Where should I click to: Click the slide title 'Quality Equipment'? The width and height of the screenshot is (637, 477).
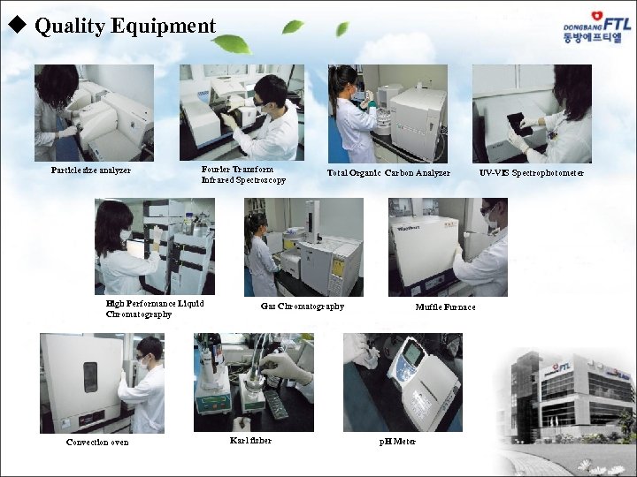(x=125, y=26)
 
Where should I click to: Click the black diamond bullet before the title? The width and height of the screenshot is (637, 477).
(x=15, y=26)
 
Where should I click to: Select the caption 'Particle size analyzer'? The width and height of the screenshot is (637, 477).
(x=91, y=170)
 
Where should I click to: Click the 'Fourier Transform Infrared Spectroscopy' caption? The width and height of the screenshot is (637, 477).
(x=243, y=174)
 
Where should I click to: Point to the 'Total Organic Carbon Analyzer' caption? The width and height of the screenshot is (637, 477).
(x=388, y=173)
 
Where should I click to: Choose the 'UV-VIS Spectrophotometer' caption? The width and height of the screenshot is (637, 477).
(x=532, y=172)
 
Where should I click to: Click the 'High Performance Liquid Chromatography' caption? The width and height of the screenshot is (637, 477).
(x=155, y=308)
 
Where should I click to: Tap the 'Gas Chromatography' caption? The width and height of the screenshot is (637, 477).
(x=303, y=307)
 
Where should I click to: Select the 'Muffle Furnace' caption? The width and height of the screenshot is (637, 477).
(x=446, y=307)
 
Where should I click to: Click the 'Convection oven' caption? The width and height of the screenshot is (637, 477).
(x=97, y=442)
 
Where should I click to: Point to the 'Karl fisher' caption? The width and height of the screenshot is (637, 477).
(x=250, y=440)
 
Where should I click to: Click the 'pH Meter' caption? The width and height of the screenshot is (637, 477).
(x=397, y=441)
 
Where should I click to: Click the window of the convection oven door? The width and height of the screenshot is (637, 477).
(x=90, y=376)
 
